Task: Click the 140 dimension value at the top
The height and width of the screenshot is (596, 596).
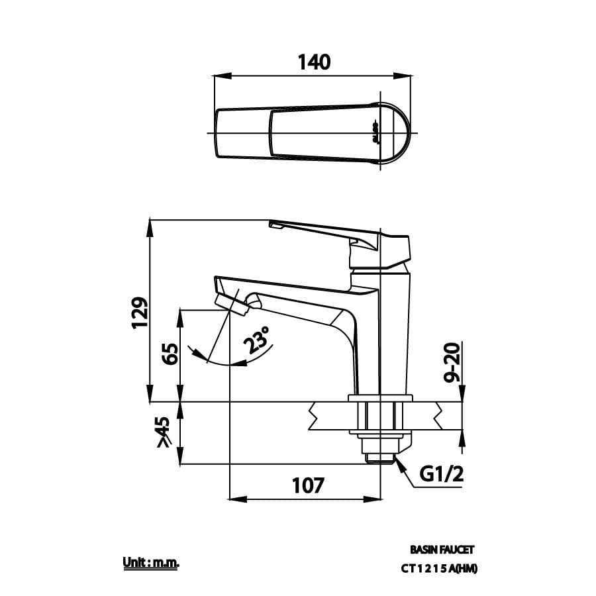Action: pyautogui.click(x=313, y=62)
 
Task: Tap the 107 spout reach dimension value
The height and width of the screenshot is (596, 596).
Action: pyautogui.click(x=308, y=485)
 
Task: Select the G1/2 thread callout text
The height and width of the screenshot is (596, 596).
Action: pyautogui.click(x=442, y=474)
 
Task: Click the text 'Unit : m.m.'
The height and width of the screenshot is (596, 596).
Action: pyautogui.click(x=152, y=563)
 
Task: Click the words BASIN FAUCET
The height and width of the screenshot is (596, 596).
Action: pyautogui.click(x=442, y=550)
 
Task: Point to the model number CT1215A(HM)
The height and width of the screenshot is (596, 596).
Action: pyautogui.click(x=439, y=568)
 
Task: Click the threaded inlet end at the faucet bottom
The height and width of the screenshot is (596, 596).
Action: pyautogui.click(x=379, y=456)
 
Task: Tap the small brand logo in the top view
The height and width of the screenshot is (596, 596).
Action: pyautogui.click(x=375, y=132)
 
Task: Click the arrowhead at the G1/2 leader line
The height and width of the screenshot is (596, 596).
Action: pyautogui.click(x=399, y=462)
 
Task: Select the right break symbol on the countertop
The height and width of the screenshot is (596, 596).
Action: pyautogui.click(x=439, y=416)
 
